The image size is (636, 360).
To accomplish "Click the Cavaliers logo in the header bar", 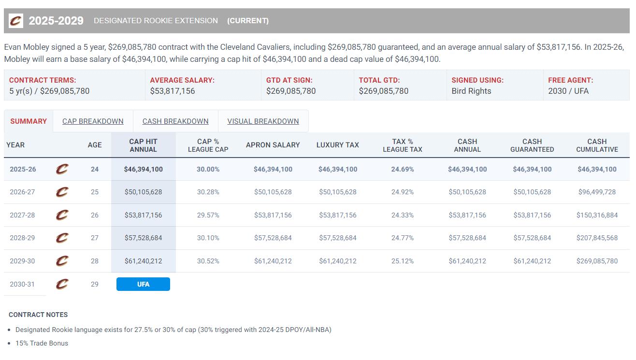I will click(16, 21).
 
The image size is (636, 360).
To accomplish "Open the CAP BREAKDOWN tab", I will click(93, 121).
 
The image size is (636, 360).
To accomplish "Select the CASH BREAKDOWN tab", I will click(175, 121).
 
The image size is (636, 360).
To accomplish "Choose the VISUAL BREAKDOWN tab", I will click(263, 121).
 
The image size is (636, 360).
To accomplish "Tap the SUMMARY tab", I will click(29, 121).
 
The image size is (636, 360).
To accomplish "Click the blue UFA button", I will click(143, 284).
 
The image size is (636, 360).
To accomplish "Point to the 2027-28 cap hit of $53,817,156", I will click(143, 215).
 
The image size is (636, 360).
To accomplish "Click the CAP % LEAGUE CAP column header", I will click(208, 145).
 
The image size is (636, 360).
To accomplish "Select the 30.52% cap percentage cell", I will click(208, 261).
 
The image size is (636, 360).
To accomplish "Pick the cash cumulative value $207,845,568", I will click(597, 238).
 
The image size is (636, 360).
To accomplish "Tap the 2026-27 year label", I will click(22, 192).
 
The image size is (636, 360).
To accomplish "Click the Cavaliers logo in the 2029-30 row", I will click(62, 261).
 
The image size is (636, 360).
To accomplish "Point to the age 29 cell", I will click(95, 284).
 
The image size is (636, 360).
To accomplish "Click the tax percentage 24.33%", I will click(402, 215).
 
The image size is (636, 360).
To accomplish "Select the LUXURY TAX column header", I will click(337, 145).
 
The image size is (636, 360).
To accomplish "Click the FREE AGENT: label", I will click(570, 80).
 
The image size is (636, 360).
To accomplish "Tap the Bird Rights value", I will click(471, 91).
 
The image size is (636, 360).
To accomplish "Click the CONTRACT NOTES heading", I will click(38, 315).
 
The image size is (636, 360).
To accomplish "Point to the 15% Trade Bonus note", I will click(42, 343).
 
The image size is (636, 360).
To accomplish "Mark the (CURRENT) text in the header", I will click(248, 21).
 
